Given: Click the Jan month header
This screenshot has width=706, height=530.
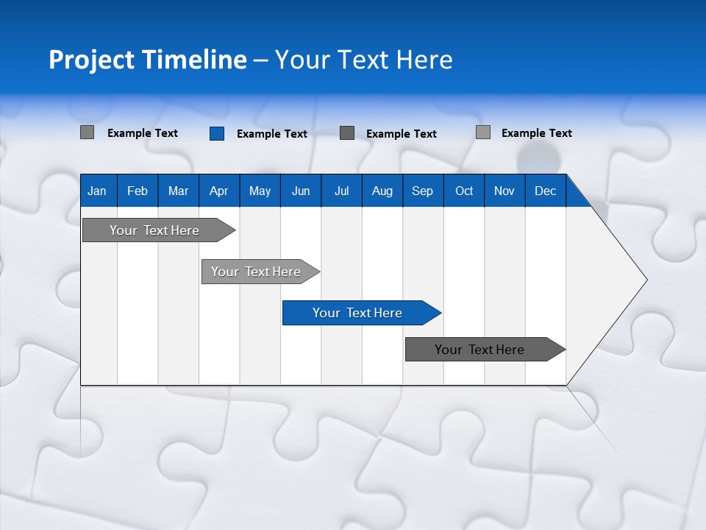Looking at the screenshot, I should (97, 191).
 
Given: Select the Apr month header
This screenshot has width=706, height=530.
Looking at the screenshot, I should (218, 191).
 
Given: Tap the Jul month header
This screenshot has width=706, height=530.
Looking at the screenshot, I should (341, 191).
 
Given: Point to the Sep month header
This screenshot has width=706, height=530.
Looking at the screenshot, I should (422, 191).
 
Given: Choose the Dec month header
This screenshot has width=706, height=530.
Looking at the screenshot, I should (545, 191).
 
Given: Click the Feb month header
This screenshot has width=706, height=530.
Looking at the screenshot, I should (138, 191).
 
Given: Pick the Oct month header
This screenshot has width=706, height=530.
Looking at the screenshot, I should (464, 191).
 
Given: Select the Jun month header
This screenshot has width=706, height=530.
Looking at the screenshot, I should (301, 191).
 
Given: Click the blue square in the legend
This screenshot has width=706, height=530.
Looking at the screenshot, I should (217, 133).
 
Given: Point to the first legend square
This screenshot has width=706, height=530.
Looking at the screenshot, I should (87, 132).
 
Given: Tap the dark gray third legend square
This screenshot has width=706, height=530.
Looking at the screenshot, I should (347, 132).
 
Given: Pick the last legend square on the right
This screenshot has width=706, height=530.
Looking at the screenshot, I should (483, 132).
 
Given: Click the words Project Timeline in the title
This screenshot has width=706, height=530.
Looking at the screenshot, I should (147, 60).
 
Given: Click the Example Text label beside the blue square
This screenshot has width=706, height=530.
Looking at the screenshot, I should (272, 134).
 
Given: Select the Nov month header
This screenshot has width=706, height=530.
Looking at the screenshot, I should (504, 191).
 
